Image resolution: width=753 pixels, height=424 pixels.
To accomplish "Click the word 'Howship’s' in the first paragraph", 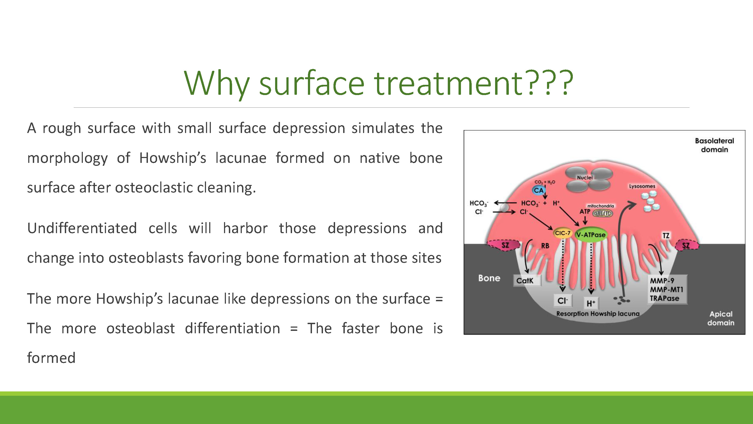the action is tap(173, 158).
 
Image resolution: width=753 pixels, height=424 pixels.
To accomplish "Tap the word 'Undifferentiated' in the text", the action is tap(82, 228).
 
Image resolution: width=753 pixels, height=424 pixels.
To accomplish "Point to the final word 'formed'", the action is tap(51, 358).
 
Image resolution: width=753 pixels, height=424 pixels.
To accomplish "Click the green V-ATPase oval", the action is tap(591, 235).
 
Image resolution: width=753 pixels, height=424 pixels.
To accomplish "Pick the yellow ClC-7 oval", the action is tap(563, 233).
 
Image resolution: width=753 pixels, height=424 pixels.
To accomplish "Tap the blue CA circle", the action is tap(538, 191).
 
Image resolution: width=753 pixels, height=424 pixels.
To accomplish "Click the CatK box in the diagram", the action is tap(527, 281).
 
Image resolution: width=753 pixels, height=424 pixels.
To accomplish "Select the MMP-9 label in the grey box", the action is tap(662, 281).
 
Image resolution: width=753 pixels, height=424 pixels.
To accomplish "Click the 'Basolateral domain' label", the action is tap(715, 145).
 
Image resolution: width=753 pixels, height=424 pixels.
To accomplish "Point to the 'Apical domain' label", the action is tap(721, 318).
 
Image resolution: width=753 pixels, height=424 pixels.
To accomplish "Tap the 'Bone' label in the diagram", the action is tap(489, 278).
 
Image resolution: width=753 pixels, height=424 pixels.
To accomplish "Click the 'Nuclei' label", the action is tap(585, 178).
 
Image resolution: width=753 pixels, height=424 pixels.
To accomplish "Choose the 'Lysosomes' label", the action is tap(642, 186).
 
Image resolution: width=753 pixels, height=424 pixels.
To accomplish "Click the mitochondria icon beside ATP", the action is tap(602, 213).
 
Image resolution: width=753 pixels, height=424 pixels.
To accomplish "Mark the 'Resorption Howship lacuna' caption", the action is tap(598, 314).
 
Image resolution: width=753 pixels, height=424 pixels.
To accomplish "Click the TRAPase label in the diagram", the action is tap(665, 299).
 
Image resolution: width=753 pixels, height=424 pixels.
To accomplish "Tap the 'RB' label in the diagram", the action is tap(545, 246).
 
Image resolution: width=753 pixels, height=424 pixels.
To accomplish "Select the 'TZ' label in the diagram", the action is tap(666, 236).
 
